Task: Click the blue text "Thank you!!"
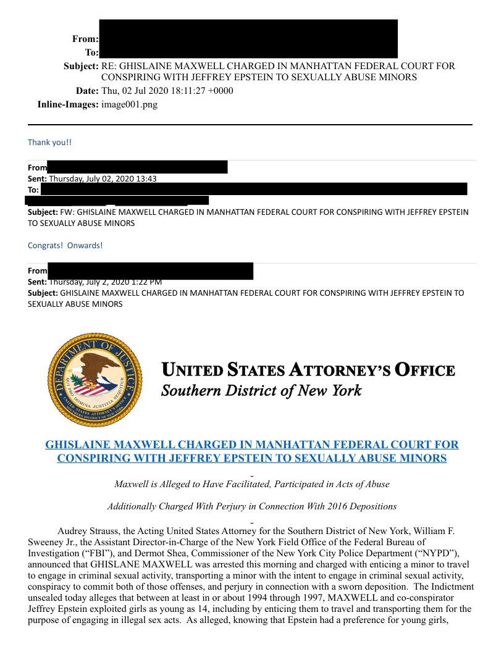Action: click(x=49, y=142)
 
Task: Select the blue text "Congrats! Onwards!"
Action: click(x=65, y=245)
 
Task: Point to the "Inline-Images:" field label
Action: click(x=68, y=104)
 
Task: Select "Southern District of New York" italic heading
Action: click(x=261, y=391)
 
